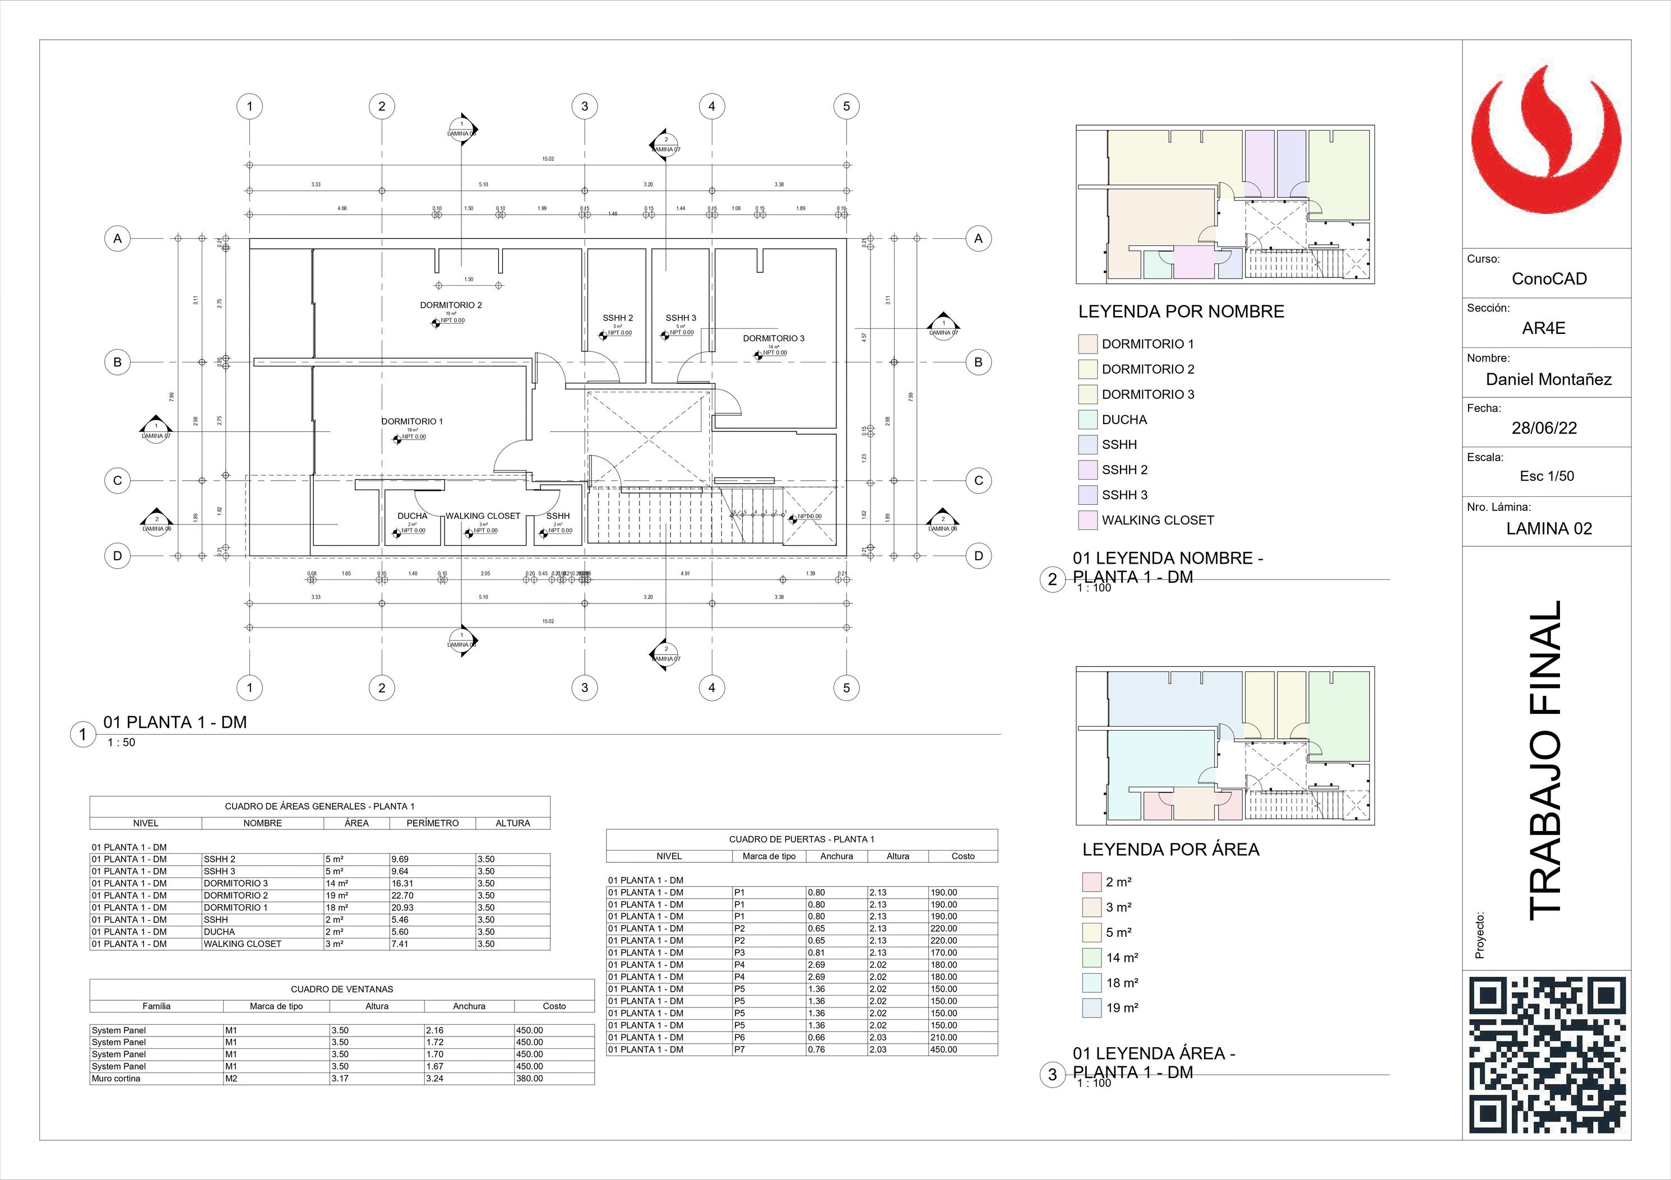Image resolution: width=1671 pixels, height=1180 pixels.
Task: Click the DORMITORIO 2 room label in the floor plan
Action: tap(451, 305)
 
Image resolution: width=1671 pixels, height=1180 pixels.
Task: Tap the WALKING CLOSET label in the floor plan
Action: tap(483, 516)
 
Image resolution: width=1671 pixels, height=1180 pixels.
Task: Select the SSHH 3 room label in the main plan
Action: tap(681, 318)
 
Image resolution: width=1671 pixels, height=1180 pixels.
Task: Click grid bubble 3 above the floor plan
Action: tap(585, 107)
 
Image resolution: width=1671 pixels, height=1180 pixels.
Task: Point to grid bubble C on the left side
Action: tap(117, 480)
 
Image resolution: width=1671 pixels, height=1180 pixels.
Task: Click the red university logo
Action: tap(1547, 149)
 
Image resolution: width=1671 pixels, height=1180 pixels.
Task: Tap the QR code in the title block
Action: tap(1547, 1055)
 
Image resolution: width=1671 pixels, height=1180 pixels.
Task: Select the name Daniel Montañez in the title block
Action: tap(1548, 379)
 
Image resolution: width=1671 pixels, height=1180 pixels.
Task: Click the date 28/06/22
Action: tap(1544, 428)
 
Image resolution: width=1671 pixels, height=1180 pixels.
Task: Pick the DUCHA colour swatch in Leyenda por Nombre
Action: tap(1087, 420)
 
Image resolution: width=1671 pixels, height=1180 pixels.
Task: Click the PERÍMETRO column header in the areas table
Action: tap(432, 823)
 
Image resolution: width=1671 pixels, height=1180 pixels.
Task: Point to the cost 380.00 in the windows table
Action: tap(529, 1078)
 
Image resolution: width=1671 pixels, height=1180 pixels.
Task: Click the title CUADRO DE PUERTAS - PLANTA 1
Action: tap(801, 839)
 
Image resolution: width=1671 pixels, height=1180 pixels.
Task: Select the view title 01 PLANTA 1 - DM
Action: tap(175, 722)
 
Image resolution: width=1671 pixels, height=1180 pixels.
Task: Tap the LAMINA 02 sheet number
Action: tap(1549, 529)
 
